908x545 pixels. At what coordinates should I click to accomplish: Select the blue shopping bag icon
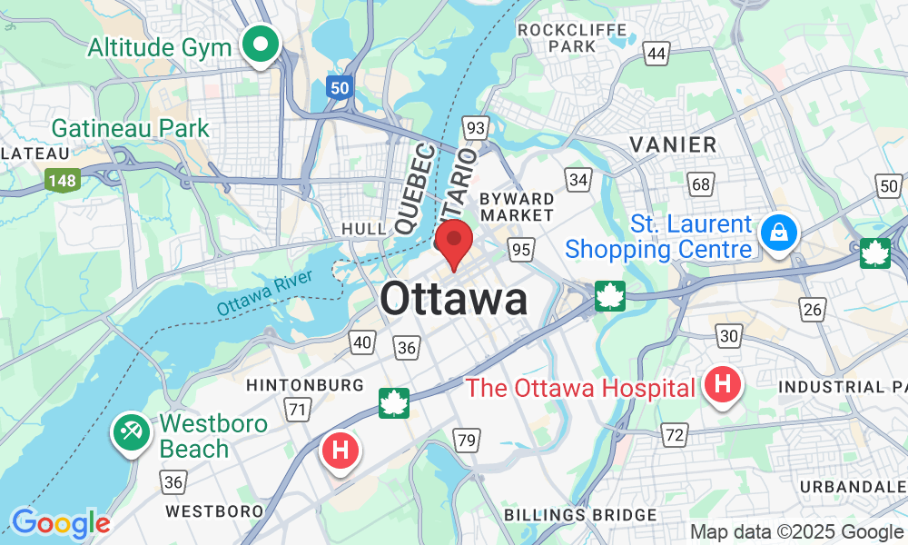click(x=778, y=233)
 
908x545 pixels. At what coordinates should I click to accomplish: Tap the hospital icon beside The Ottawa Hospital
click(x=723, y=386)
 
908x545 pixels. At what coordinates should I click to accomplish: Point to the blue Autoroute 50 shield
click(x=339, y=87)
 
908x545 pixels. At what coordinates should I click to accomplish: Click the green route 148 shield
click(x=62, y=180)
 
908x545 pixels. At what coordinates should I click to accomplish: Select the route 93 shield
click(x=474, y=127)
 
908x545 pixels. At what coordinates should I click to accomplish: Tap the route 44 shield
click(x=656, y=54)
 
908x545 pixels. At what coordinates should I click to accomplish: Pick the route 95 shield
click(x=520, y=249)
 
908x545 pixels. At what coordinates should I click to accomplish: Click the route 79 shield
click(x=467, y=441)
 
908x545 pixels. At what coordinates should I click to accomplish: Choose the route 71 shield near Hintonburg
click(x=296, y=410)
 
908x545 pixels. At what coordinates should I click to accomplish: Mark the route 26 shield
click(x=813, y=310)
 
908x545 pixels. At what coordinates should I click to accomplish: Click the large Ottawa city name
click(x=454, y=299)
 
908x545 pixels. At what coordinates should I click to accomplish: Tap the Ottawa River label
click(x=263, y=292)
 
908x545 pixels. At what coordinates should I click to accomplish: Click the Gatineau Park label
click(x=131, y=129)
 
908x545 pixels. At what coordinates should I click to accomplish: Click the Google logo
click(x=61, y=523)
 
